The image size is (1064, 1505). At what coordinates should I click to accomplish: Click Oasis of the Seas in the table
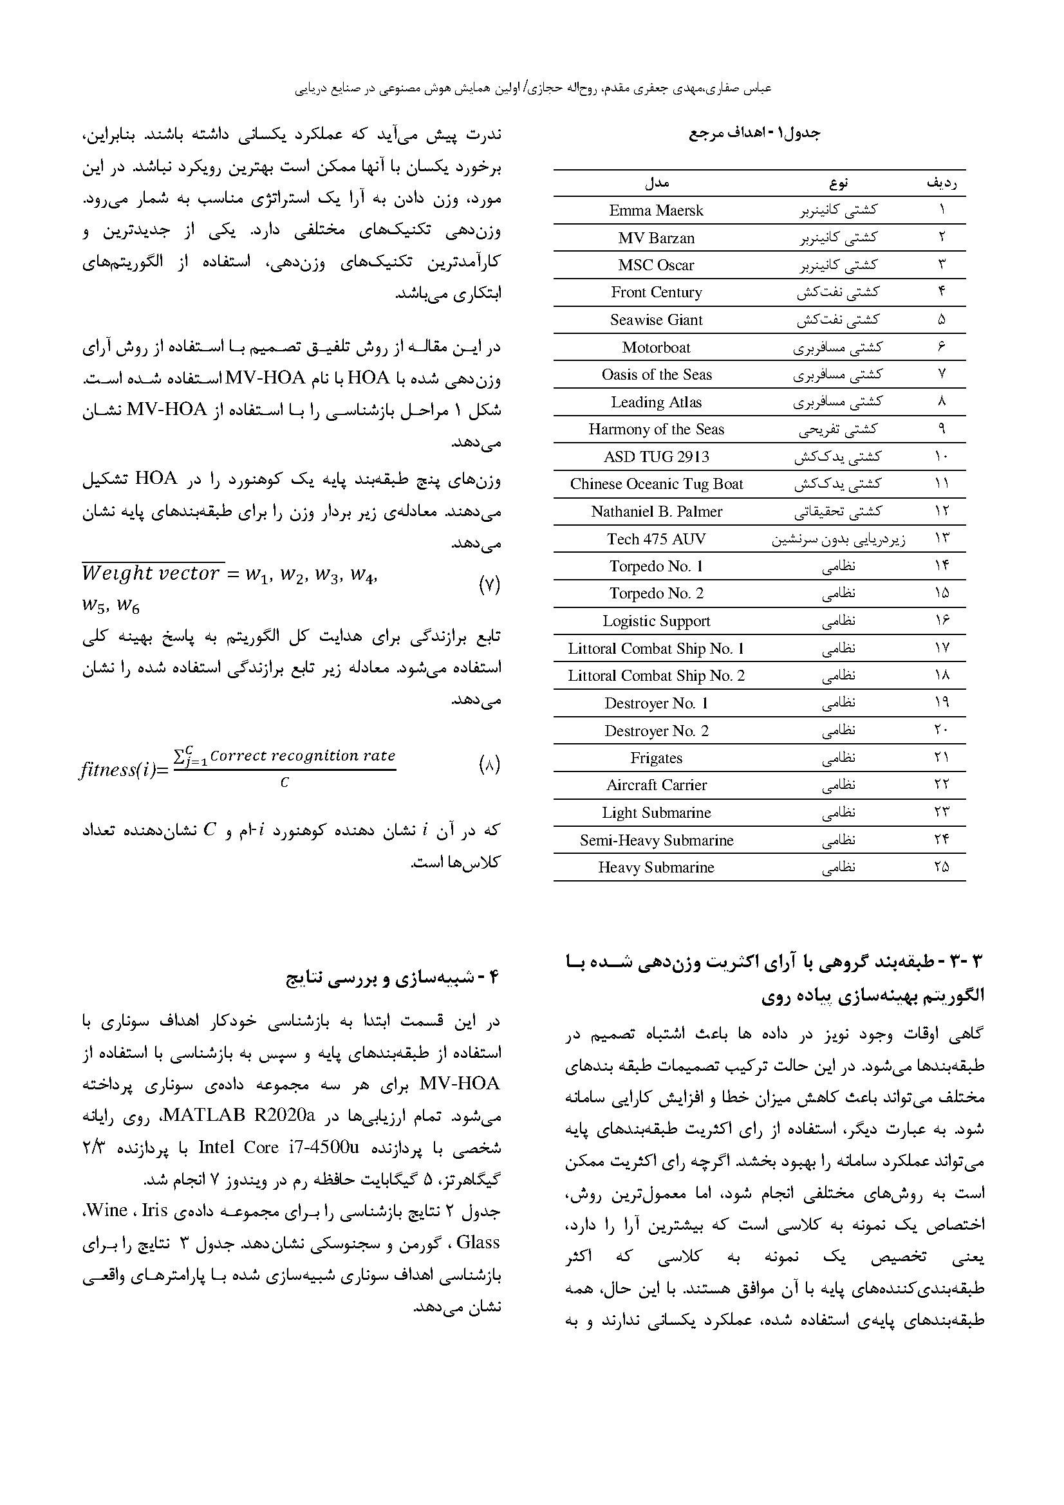click(657, 374)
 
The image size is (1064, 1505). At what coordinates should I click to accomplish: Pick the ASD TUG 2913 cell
click(657, 457)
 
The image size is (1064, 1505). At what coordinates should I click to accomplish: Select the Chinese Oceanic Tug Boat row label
click(657, 485)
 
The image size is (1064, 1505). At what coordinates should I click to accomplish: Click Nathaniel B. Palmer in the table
click(657, 512)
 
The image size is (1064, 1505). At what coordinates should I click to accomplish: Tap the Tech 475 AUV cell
click(657, 539)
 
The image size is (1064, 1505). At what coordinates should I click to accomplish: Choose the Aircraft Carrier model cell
click(657, 785)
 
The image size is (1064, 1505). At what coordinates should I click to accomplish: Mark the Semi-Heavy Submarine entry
click(657, 840)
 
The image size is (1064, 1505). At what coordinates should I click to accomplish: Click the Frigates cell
click(657, 758)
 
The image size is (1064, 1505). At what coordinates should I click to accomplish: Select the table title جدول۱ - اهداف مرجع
click(754, 133)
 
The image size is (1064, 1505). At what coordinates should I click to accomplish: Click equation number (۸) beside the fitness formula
click(490, 765)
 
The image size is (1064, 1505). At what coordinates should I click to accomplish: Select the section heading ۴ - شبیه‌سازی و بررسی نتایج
click(393, 979)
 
